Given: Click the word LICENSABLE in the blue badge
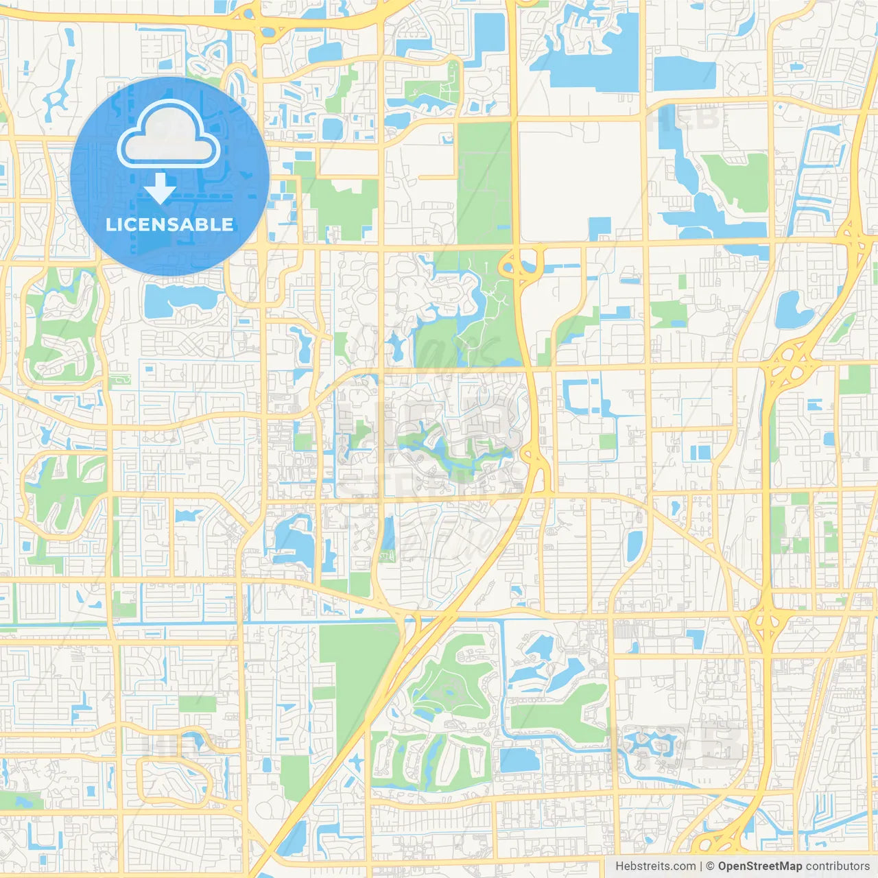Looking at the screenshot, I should click(x=169, y=224).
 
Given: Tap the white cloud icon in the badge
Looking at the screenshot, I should click(x=169, y=136).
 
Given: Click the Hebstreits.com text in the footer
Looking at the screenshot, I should click(x=655, y=866).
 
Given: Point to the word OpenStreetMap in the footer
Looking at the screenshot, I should click(x=759, y=866).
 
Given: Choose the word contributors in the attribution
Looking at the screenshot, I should click(x=837, y=866).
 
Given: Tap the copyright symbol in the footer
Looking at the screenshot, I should click(x=710, y=866).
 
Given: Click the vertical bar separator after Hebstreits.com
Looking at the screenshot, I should click(x=700, y=866).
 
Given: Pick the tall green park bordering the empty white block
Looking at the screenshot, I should click(x=484, y=182).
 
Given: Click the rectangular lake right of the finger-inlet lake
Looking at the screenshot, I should click(x=684, y=73).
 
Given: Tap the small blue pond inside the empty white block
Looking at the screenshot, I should click(x=600, y=228).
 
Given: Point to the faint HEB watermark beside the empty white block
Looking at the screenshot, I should click(x=686, y=118).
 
